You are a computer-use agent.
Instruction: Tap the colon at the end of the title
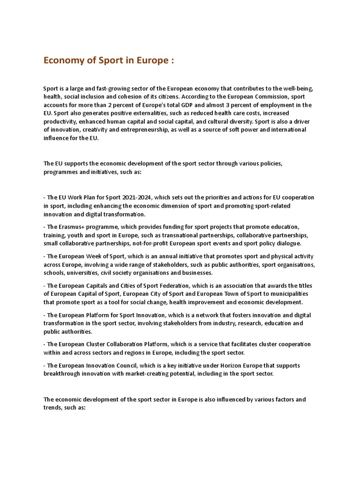click(x=173, y=61)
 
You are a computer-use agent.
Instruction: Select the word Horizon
click(x=252, y=366)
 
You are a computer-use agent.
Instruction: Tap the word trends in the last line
click(x=52, y=408)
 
